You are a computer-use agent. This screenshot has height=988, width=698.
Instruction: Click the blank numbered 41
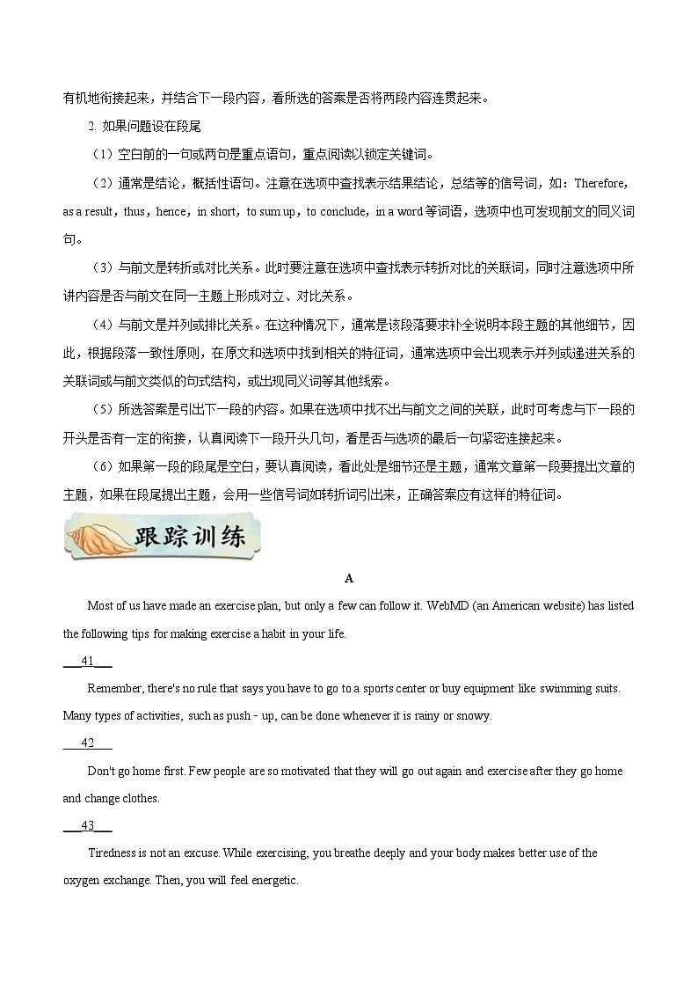[x=87, y=661]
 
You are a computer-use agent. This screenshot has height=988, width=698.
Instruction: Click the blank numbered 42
[x=87, y=743]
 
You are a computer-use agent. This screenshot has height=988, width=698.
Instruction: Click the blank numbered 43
[x=87, y=825]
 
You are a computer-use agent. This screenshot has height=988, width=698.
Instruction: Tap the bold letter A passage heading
[x=349, y=578]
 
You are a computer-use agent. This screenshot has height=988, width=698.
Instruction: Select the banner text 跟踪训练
[x=189, y=538]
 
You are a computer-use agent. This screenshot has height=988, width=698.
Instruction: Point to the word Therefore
[x=600, y=183]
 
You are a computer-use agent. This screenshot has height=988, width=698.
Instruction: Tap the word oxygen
[x=81, y=881]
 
